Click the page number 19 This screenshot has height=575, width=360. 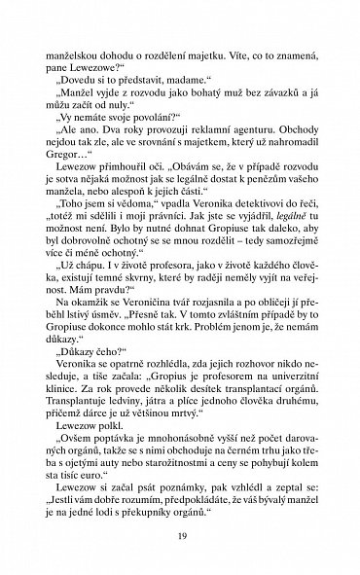pos(179,534)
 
